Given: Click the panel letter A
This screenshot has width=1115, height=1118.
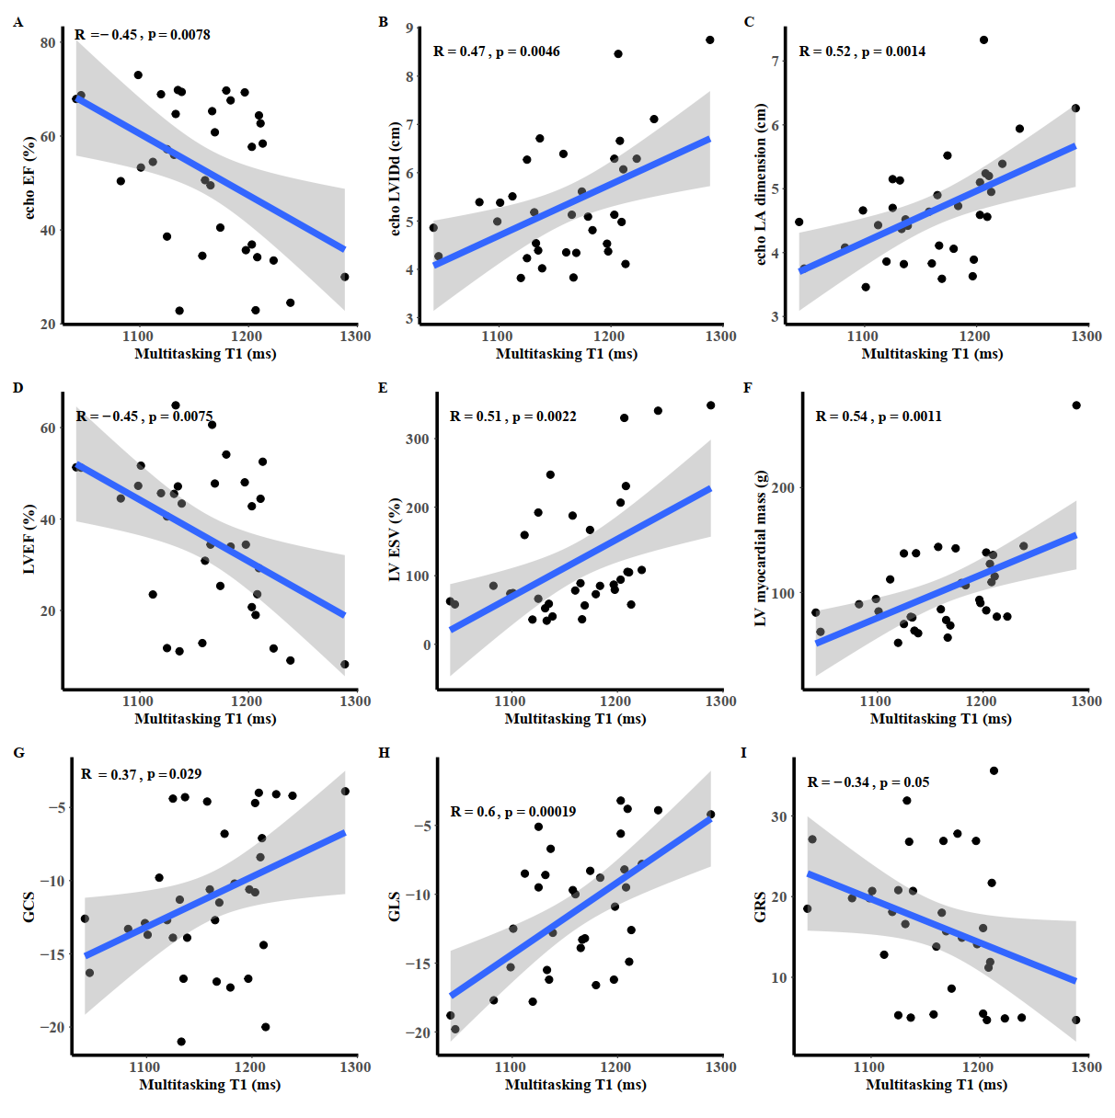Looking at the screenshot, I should click(x=18, y=22).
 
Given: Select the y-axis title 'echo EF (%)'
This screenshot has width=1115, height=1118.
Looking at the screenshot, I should click(x=29, y=177).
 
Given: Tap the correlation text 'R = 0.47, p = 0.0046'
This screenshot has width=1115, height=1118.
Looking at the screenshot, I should click(x=496, y=51).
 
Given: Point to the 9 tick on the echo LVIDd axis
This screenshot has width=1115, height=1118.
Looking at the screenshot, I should click(x=409, y=29).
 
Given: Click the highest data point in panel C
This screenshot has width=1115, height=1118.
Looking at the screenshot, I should click(x=983, y=40).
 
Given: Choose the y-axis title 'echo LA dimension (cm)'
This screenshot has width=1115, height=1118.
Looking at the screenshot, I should click(x=761, y=184).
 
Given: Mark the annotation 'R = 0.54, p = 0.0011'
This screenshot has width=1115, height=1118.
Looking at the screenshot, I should click(x=878, y=416).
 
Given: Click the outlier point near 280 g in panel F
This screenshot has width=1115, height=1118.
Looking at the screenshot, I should click(x=1076, y=405).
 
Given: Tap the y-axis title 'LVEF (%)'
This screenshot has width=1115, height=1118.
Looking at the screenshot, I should click(x=29, y=540).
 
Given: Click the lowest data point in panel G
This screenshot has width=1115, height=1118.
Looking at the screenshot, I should click(x=181, y=1042).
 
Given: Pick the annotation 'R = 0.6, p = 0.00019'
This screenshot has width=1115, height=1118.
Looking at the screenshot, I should click(x=512, y=812).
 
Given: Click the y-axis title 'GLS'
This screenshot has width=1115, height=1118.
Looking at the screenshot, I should click(x=395, y=906).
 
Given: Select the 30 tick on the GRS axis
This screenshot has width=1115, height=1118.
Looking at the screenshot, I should click(x=779, y=816).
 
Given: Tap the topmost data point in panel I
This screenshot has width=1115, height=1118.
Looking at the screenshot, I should click(x=994, y=771).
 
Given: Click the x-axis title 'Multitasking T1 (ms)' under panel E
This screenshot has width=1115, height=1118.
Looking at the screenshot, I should click(x=575, y=719).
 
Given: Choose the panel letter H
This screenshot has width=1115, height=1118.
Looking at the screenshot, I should click(x=384, y=753).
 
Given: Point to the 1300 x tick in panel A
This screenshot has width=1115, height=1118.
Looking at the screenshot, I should click(x=355, y=337).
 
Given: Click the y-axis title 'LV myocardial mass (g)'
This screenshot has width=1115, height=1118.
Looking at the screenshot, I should click(x=761, y=549).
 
